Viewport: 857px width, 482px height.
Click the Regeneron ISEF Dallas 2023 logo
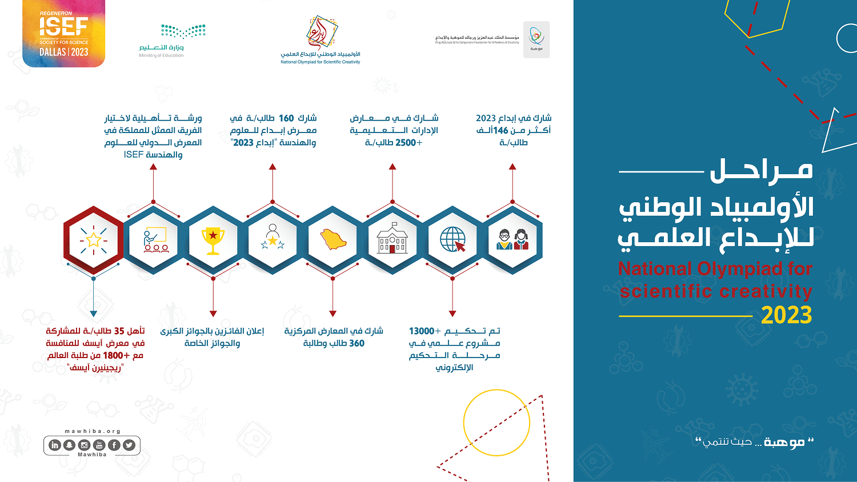click(63, 34)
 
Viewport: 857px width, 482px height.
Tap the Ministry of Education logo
click(171, 40)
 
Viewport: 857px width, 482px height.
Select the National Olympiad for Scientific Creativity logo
click(321, 40)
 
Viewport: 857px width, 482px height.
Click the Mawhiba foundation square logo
click(536, 39)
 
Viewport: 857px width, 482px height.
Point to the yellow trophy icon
click(213, 240)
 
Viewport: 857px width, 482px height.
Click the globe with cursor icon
click(452, 240)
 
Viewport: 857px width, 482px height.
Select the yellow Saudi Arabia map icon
click(333, 239)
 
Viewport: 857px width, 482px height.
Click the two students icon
click(512, 240)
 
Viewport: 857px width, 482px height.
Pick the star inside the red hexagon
click(94, 240)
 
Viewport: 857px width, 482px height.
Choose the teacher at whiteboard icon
click(154, 240)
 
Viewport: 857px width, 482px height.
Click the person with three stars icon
click(273, 238)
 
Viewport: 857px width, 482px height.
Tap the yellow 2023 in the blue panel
click(786, 315)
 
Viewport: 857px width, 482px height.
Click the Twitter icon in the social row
click(129, 445)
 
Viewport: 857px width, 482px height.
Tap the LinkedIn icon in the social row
click(55, 445)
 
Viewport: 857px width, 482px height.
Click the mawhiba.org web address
click(93, 432)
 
